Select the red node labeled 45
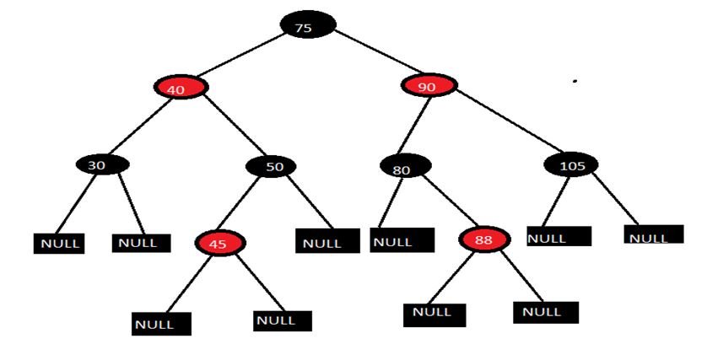[x=219, y=244]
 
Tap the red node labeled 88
[x=484, y=239]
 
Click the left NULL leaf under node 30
[x=59, y=243]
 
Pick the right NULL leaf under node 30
[x=141, y=243]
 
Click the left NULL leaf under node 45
[x=161, y=323]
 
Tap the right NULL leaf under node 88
[x=545, y=312]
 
